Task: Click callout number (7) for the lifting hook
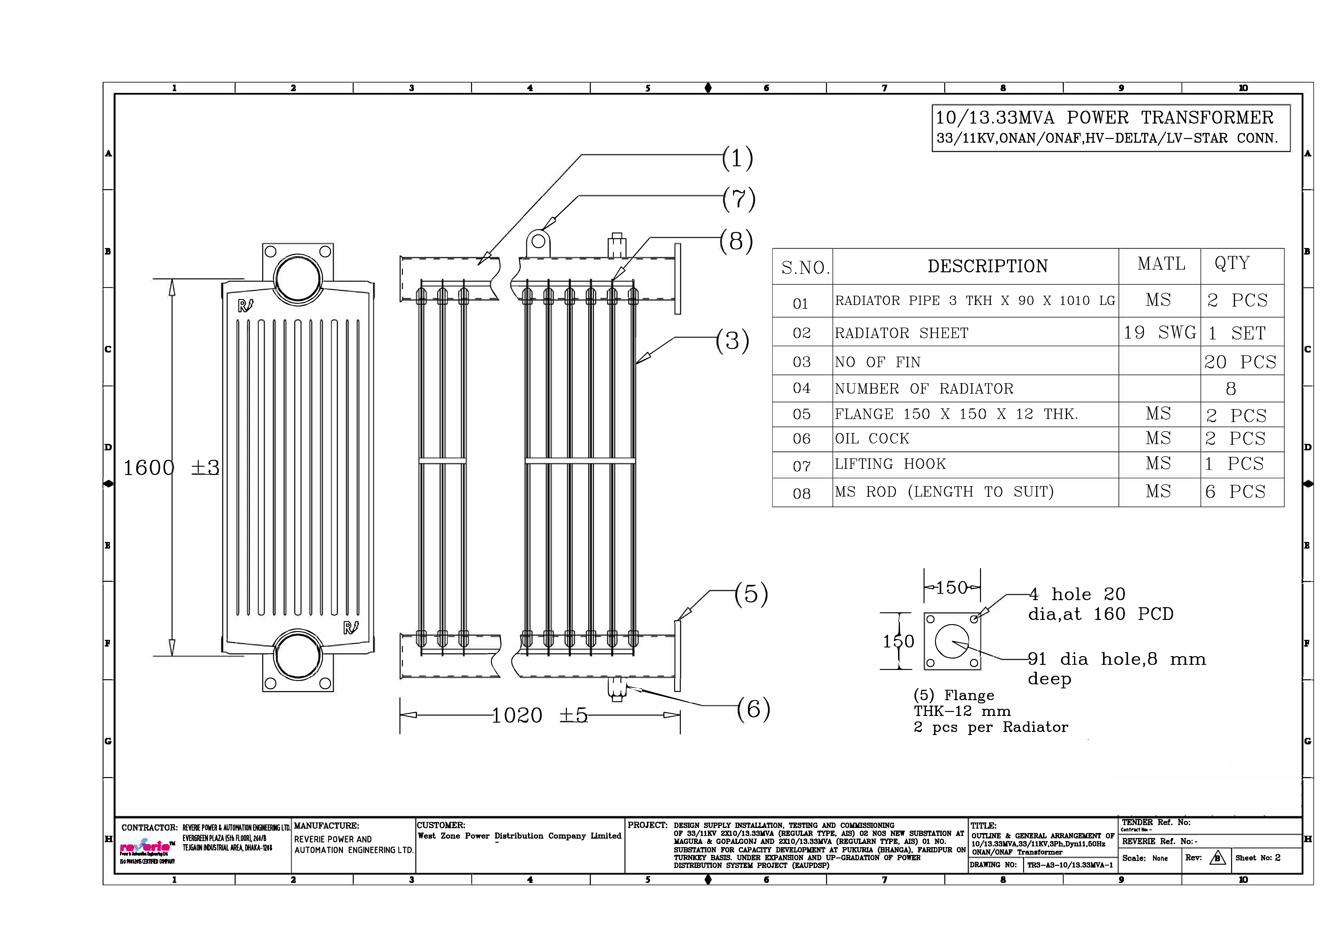[739, 200]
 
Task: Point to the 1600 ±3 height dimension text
[171, 467]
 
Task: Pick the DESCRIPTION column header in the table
[987, 267]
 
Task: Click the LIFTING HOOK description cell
[890, 464]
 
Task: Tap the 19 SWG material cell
[1159, 333]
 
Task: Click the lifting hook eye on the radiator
[538, 241]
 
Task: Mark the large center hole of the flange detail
[951, 641]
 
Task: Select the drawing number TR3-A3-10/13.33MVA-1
[1070, 865]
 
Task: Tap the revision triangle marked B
[1217, 858]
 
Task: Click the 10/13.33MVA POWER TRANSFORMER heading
[1104, 118]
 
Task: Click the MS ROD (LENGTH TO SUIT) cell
[944, 492]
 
